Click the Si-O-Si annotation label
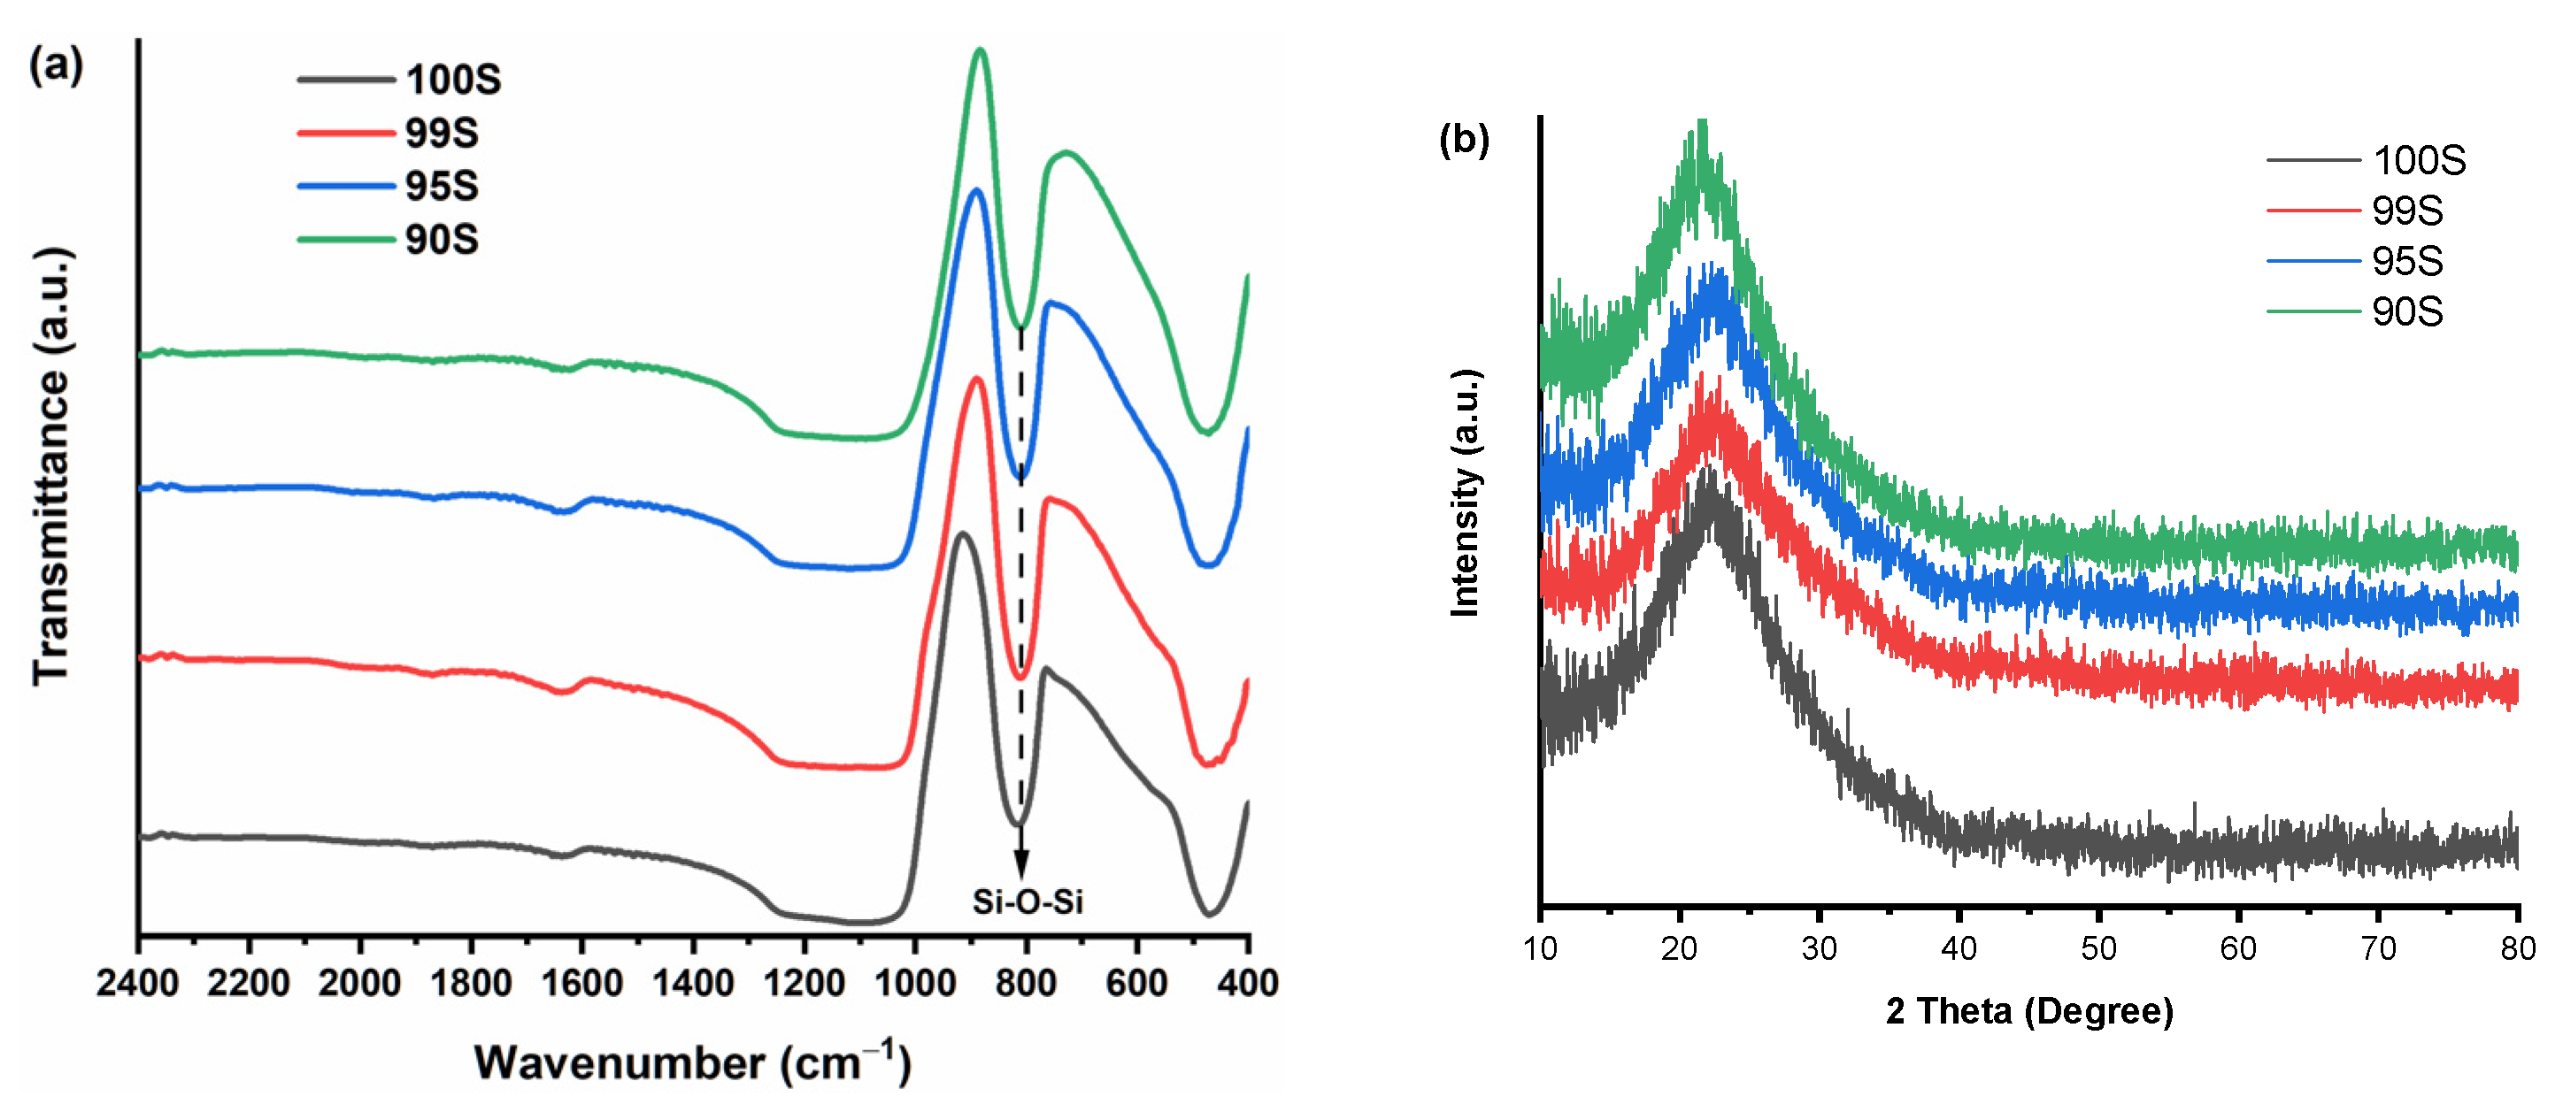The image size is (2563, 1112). [x=1027, y=902]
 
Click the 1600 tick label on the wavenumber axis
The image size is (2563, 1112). [x=582, y=984]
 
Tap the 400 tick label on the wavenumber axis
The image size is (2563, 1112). [x=1248, y=984]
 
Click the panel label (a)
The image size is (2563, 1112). [x=56, y=65]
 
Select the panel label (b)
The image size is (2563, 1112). [x=1464, y=139]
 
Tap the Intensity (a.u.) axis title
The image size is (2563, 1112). [x=1466, y=494]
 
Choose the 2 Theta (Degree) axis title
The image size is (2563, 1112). [x=2028, y=1011]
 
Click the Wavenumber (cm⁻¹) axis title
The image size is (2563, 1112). [x=691, y=1063]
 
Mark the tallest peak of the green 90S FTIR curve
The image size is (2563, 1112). [x=981, y=50]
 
